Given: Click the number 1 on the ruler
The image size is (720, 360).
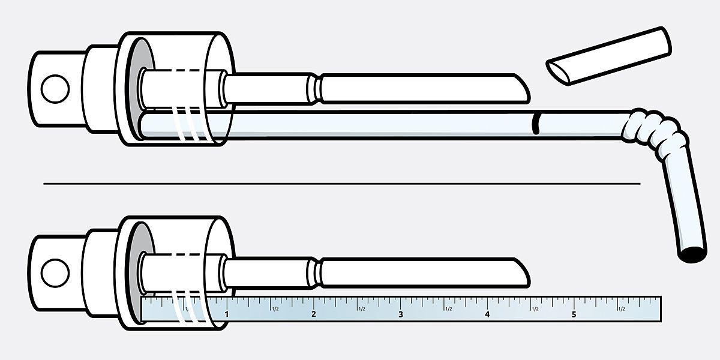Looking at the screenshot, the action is point(227,314).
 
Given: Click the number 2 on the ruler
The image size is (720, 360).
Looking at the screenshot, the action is point(314,314).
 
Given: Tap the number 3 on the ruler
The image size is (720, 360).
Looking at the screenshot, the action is point(401,314).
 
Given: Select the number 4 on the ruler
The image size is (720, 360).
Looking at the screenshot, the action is point(487,314).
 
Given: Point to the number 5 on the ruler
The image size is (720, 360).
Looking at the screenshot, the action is point(574,314).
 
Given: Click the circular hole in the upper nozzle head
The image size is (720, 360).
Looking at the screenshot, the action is point(55,89).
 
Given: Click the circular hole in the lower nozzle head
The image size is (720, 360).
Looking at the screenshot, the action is point(55,273).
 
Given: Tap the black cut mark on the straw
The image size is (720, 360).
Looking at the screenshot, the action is point(535,123).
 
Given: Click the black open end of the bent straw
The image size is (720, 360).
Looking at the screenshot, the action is point(692,254).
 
